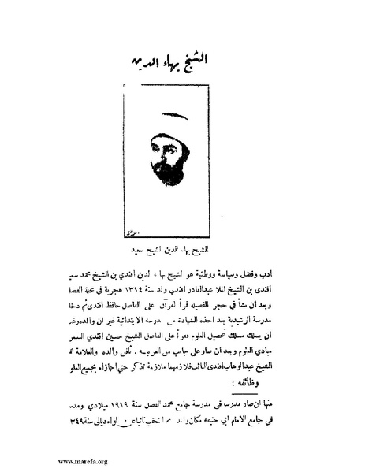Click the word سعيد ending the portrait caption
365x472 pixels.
tap(146, 246)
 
